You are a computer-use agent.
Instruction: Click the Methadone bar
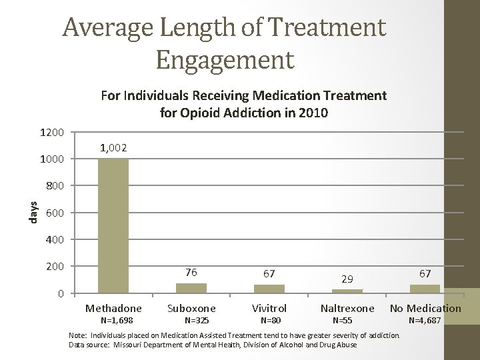[113, 225]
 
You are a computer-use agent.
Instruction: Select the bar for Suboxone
[191, 288]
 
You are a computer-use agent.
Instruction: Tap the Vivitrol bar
[269, 289]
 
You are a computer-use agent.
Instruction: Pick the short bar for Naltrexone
[347, 291]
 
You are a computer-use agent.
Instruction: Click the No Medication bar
[425, 289]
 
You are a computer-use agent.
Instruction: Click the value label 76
[191, 272]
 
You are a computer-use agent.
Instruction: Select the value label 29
[347, 279]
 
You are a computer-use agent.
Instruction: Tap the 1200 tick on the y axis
[51, 133]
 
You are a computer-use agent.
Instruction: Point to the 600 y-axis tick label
[55, 213]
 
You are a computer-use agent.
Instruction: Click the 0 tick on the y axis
[61, 294]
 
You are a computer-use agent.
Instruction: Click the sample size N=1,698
[113, 321]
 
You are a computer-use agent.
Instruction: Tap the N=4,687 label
[425, 321]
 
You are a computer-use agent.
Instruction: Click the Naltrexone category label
[347, 308]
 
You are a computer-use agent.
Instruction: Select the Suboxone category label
[191, 308]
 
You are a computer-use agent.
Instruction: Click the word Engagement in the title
[225, 58]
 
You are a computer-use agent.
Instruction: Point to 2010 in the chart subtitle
[313, 113]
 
